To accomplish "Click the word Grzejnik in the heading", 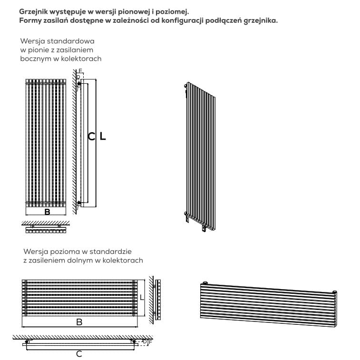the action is coord(33,12).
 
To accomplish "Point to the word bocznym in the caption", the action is coord(36,59).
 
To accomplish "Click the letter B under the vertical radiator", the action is coord(47,212).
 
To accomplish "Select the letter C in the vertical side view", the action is coord(91,136).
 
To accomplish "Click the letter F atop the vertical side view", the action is coord(80,71).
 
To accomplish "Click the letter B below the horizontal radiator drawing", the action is coord(79,322).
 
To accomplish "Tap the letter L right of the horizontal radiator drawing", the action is coord(142,297).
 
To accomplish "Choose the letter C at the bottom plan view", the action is coord(79,354).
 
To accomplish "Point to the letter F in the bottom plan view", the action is coord(150,342).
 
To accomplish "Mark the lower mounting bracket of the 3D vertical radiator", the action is coord(204,228).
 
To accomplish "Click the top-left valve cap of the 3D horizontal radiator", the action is coord(204,282).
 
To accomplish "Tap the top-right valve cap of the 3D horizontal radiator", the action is coord(334,292).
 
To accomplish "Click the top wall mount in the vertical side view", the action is coord(79,84).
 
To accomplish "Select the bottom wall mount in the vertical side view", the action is coord(79,203).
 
